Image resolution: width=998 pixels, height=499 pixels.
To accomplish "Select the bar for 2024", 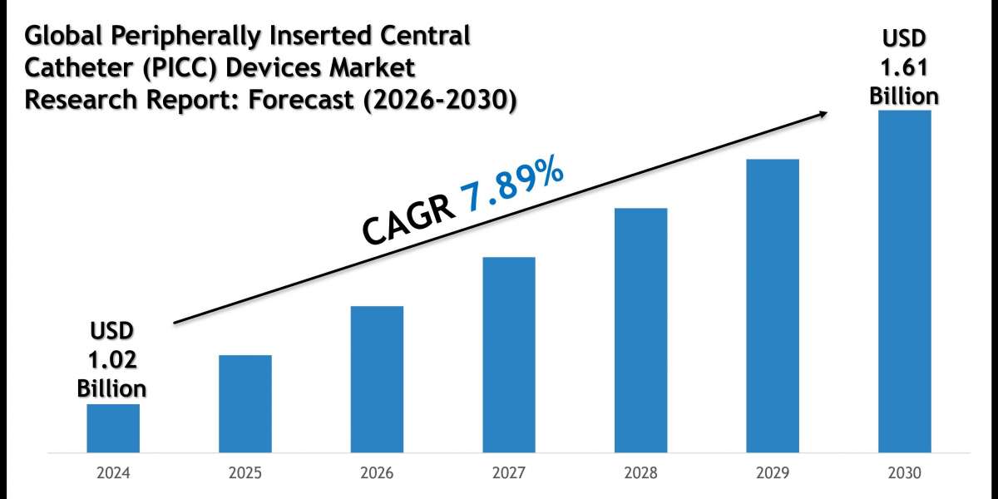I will (x=113, y=428).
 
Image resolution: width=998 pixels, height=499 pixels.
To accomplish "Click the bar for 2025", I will (x=245, y=404).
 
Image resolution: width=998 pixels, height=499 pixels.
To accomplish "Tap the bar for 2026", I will (x=377, y=379).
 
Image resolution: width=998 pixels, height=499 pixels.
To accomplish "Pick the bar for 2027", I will (x=509, y=355).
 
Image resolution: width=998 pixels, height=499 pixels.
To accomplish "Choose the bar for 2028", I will (x=641, y=330).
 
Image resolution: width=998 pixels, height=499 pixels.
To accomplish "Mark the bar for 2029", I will (x=773, y=306).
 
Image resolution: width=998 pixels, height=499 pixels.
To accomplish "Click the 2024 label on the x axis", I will (x=113, y=473).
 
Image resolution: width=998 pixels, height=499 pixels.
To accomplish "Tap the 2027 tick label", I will (x=509, y=473).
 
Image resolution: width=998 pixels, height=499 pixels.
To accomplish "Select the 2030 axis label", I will (x=905, y=473).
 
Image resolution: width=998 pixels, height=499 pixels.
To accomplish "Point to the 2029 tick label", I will (x=773, y=473).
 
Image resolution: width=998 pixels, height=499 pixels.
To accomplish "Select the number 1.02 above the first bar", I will (x=112, y=359).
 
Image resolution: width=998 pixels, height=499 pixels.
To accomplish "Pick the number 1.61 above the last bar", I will (x=904, y=67).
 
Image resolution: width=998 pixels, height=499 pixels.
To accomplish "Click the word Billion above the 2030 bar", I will (x=904, y=96).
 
